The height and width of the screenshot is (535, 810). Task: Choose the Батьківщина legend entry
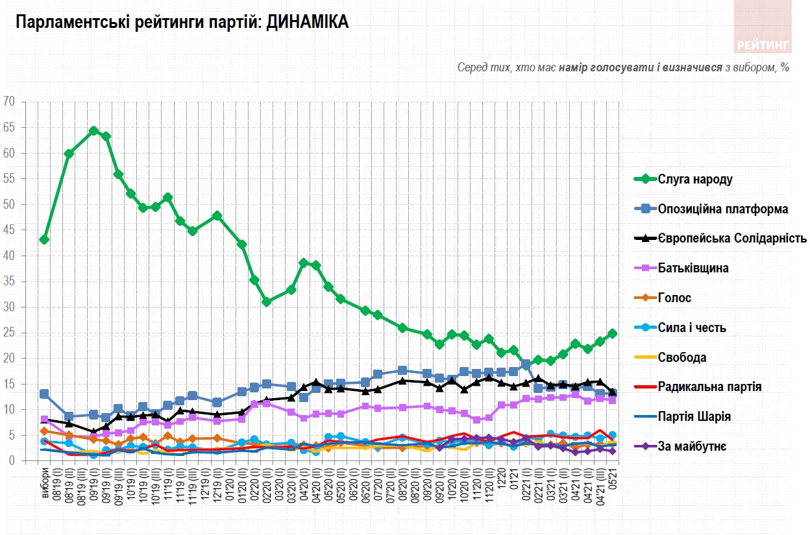[x=692, y=268]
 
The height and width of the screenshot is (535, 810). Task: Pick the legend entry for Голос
[x=674, y=298]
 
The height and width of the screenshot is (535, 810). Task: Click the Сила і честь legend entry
[x=691, y=327]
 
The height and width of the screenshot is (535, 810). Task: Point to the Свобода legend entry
[x=681, y=357]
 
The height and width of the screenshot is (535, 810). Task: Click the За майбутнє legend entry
[x=692, y=446]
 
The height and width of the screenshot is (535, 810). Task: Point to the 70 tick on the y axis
[x=10, y=102]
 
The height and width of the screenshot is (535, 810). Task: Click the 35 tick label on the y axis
[x=10, y=281]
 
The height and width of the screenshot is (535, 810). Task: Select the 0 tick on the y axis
[x=12, y=461]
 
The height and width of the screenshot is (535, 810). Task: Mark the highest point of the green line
[x=93, y=131]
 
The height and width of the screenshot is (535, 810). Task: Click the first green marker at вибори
[x=44, y=239]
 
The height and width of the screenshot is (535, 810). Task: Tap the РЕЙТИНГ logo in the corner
[x=763, y=45]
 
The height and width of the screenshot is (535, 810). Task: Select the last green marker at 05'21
[x=612, y=333]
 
